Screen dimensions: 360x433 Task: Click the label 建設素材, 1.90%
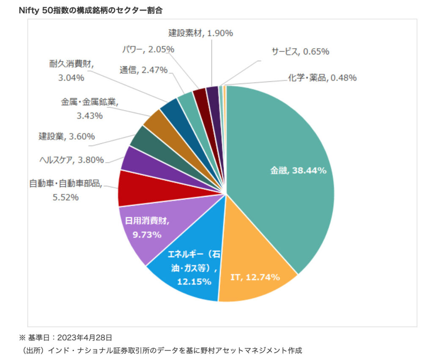point(200,33)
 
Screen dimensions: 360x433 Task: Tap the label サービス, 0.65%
point(300,52)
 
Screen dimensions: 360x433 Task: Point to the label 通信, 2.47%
point(144,70)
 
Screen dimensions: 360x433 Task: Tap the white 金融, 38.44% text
point(299,171)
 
